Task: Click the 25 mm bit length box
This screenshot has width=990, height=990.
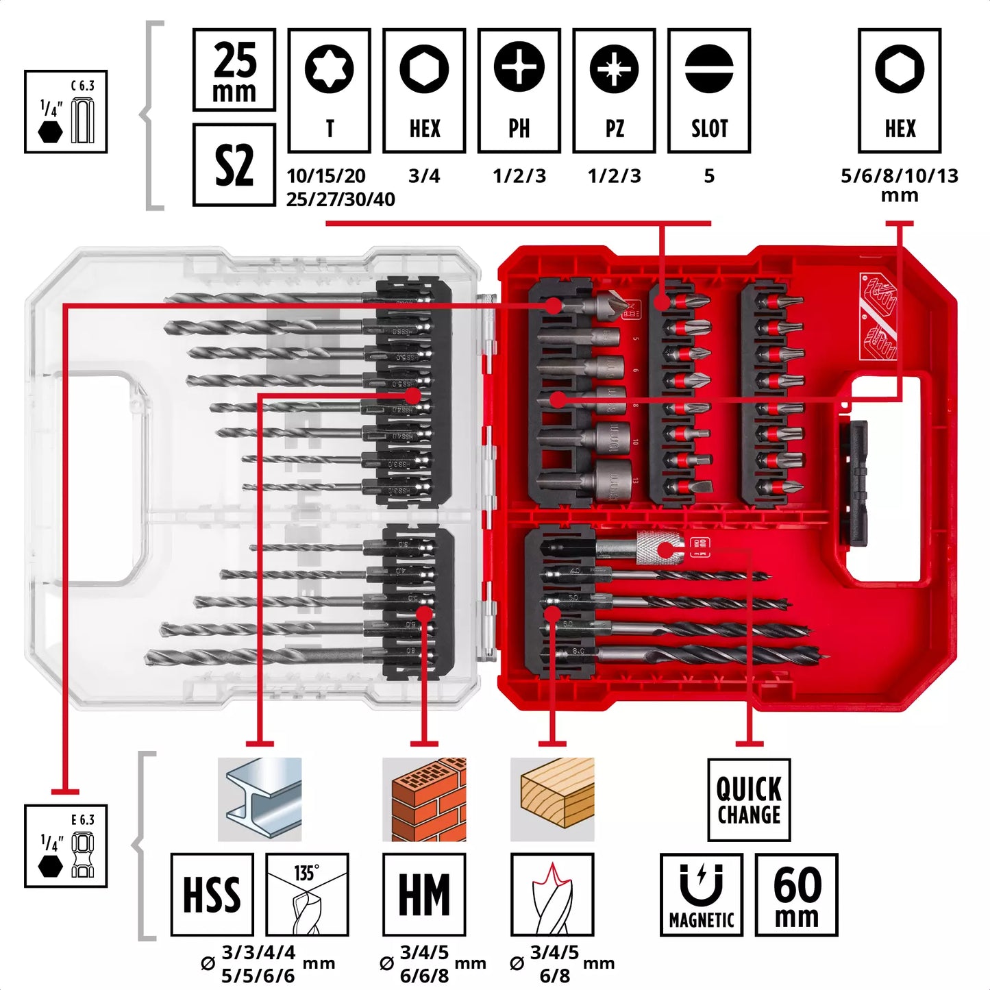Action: (x=234, y=70)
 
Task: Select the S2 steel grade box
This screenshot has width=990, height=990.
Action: (x=234, y=165)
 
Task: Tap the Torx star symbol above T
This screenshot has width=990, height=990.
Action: (x=329, y=69)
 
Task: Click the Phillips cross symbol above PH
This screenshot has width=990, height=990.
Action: (x=519, y=67)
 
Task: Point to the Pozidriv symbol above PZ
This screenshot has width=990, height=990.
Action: (x=614, y=69)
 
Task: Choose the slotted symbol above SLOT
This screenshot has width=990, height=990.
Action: (x=708, y=69)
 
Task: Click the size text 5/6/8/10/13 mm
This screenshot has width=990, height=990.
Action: (x=899, y=185)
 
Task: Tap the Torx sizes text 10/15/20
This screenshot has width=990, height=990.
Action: (x=326, y=176)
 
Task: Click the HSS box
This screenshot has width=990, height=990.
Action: (x=212, y=895)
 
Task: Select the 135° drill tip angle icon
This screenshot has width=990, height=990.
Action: (x=307, y=895)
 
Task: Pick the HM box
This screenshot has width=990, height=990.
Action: (x=424, y=895)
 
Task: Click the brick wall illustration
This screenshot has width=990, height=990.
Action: (x=424, y=800)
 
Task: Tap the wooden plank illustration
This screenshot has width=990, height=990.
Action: (x=552, y=800)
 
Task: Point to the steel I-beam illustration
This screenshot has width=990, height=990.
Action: (x=260, y=800)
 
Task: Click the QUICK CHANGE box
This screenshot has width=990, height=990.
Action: (x=749, y=800)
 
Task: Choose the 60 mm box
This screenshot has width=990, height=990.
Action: (x=796, y=895)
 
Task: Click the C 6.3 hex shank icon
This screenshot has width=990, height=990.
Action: (x=66, y=112)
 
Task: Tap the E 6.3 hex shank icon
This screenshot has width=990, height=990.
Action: (x=66, y=846)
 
